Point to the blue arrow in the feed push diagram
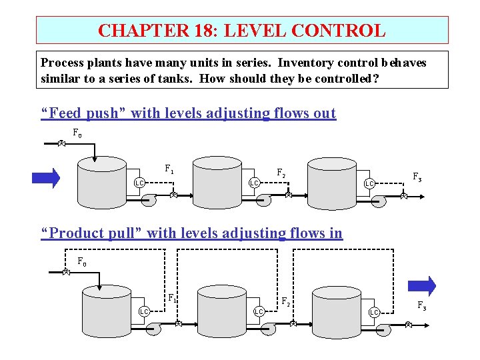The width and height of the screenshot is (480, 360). (46, 178)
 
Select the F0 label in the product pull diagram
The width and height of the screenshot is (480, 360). (81, 262)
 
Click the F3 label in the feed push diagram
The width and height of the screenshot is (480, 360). (417, 177)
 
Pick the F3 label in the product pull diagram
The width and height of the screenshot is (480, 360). (422, 306)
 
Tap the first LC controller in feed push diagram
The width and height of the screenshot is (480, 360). (139, 183)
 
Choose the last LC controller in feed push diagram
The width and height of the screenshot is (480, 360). (369, 183)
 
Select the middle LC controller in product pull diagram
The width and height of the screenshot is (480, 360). (259, 311)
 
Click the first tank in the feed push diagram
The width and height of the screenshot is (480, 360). (101, 183)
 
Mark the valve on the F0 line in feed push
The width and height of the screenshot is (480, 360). (60, 143)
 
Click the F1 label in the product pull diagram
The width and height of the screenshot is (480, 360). (172, 298)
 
